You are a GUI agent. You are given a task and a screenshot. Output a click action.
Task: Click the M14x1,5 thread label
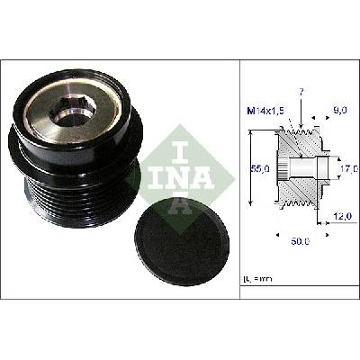click(265, 112)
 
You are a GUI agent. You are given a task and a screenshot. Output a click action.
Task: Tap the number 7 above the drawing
click(301, 93)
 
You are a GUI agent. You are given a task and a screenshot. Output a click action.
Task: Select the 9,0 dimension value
click(340, 111)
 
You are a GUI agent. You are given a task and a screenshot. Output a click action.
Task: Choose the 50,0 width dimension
click(300, 241)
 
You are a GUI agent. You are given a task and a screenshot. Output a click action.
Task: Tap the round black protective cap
click(182, 241)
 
